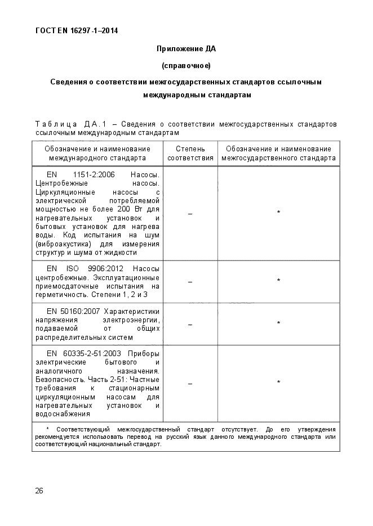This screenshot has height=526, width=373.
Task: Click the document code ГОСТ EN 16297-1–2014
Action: (x=77, y=31)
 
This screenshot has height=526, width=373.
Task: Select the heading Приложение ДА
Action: (x=186, y=49)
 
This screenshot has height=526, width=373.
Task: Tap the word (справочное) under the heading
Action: (x=186, y=66)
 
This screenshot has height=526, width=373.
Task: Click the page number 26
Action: (x=39, y=490)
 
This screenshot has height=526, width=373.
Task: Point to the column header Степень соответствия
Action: (x=190, y=154)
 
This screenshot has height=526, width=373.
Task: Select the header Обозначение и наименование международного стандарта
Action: (x=97, y=154)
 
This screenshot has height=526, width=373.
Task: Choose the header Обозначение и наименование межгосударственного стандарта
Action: (x=278, y=154)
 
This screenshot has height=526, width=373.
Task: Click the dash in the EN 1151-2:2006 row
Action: (x=190, y=214)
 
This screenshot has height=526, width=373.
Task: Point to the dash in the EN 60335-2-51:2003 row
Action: (x=190, y=384)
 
